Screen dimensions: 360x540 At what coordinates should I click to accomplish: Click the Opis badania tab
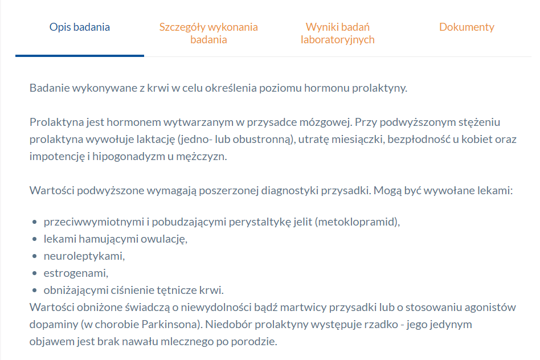pyautogui.click(x=80, y=27)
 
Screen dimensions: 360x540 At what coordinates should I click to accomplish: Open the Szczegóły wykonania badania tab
pyautogui.click(x=208, y=33)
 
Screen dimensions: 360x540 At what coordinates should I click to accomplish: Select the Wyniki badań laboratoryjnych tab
pyautogui.click(x=338, y=33)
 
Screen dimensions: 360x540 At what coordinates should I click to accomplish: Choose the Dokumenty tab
pyautogui.click(x=467, y=27)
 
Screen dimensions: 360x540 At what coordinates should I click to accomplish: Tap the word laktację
pyautogui.click(x=153, y=140)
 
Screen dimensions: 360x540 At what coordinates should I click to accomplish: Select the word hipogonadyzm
pyautogui.click(x=123, y=156)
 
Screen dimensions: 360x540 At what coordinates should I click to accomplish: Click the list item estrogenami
pyautogui.click(x=76, y=272)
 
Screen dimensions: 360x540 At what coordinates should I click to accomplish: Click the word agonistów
pyautogui.click(x=489, y=308)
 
